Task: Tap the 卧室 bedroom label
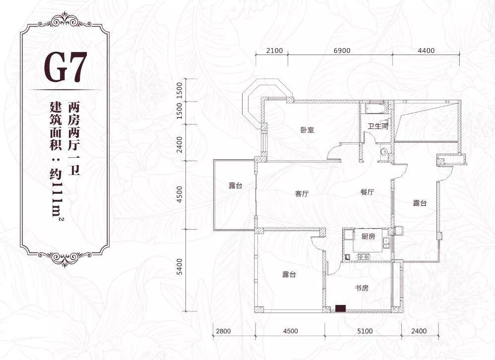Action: pyautogui.click(x=307, y=130)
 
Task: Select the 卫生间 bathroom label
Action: pyautogui.click(x=378, y=126)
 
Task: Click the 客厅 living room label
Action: pyautogui.click(x=302, y=194)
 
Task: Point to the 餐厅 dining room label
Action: pyautogui.click(x=368, y=192)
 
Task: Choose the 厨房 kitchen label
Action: pyautogui.click(x=368, y=236)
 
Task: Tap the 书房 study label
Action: pyautogui.click(x=362, y=288)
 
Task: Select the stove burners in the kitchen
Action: pyautogui.click(x=364, y=257)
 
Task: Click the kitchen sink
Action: pyautogui.click(x=386, y=242)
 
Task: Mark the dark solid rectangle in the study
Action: pyautogui.click(x=340, y=308)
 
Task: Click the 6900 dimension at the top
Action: pyautogui.click(x=342, y=51)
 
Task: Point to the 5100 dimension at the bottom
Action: pyautogui.click(x=365, y=331)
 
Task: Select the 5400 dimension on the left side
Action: pyautogui.click(x=180, y=267)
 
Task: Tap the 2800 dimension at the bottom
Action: pyautogui.click(x=223, y=331)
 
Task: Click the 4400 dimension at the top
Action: pyautogui.click(x=426, y=51)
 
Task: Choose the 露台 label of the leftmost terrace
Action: pyautogui.click(x=236, y=185)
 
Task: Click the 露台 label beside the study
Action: pyautogui.click(x=289, y=275)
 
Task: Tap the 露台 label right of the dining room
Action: pyautogui.click(x=420, y=203)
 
